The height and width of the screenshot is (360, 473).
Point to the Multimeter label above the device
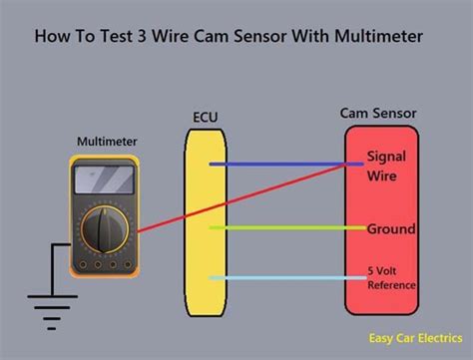(108, 142)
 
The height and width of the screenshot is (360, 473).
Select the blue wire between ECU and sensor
(279, 163)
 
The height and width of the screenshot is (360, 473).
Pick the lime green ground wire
(279, 228)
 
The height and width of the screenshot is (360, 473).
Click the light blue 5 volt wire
(279, 278)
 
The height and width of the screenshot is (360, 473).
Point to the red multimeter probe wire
(239, 200)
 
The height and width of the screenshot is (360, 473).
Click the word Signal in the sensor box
(386, 157)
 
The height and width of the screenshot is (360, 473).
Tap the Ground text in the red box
(391, 228)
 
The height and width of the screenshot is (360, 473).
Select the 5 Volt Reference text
(390, 278)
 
